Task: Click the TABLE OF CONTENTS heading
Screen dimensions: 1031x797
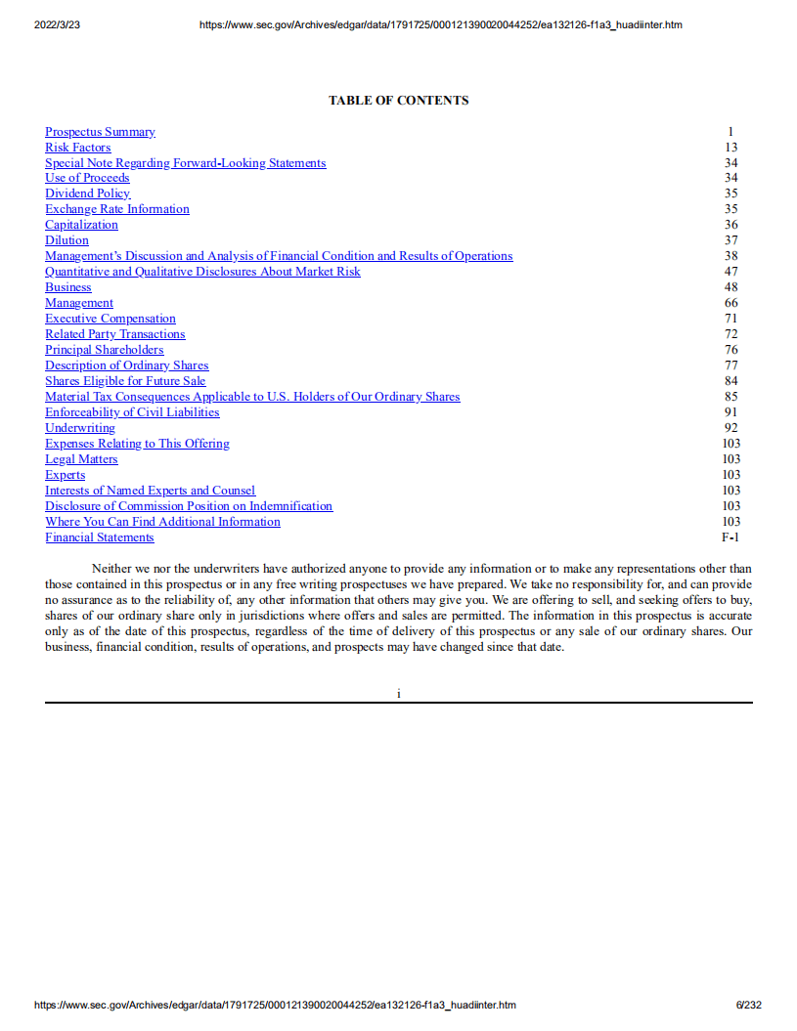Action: click(398, 101)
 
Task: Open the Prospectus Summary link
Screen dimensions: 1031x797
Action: click(100, 132)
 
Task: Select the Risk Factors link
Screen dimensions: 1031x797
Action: click(78, 148)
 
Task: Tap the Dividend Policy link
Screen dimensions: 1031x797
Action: click(87, 193)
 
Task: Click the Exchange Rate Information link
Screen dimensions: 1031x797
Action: click(117, 209)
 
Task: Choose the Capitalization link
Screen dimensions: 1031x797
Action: click(81, 225)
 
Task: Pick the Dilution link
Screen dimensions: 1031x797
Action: click(66, 240)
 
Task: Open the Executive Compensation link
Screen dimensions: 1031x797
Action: click(111, 319)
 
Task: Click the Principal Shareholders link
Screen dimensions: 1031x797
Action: click(105, 350)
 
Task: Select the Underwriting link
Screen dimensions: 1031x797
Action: click(80, 428)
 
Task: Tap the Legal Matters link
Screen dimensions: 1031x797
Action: click(81, 459)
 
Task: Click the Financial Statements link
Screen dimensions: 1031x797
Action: click(100, 537)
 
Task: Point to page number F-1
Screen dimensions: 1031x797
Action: click(731, 537)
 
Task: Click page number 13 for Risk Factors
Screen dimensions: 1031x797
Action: click(731, 148)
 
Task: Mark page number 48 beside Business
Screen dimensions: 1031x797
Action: click(731, 287)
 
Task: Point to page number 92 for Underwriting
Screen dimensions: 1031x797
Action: click(731, 428)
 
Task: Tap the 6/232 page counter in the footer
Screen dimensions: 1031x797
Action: click(749, 1005)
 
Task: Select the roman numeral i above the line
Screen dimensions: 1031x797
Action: click(398, 693)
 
